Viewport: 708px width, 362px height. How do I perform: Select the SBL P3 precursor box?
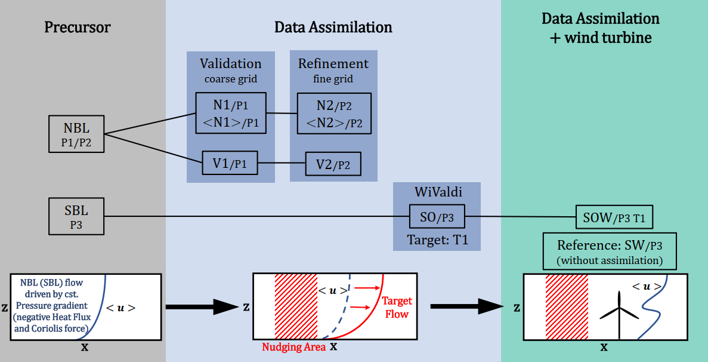[x=76, y=217]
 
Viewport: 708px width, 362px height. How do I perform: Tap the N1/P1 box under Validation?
[x=230, y=113]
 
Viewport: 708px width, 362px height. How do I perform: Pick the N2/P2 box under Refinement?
[x=334, y=113]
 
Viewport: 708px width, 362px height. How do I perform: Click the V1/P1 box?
[x=230, y=162]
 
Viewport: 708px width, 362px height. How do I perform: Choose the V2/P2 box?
[x=333, y=163]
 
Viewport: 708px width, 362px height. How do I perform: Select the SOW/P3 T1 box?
[x=614, y=217]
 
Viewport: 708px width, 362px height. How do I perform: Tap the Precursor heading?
[x=78, y=27]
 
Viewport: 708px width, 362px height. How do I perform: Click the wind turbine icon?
[x=619, y=311]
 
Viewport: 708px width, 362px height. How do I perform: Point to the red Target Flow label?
[x=397, y=307]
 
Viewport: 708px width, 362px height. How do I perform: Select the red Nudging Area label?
[x=294, y=347]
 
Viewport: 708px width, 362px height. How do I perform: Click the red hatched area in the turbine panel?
[x=567, y=307]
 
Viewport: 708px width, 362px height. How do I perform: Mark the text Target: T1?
[x=437, y=240]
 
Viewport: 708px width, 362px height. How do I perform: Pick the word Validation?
[x=230, y=63]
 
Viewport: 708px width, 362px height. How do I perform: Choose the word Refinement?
[x=333, y=63]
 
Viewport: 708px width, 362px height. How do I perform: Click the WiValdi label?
[x=437, y=192]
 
